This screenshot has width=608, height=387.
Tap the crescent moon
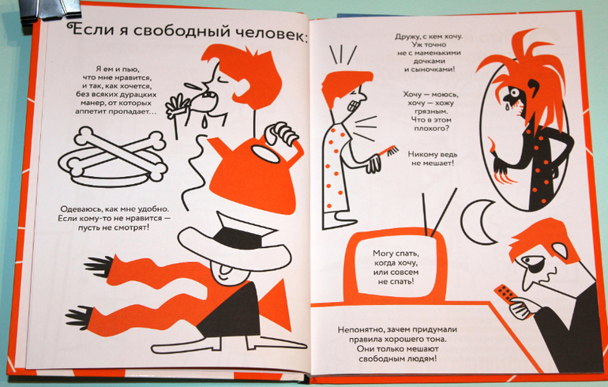click(x=474, y=222)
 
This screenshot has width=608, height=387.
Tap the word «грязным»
click(x=430, y=111)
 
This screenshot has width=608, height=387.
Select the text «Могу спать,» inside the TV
click(x=396, y=254)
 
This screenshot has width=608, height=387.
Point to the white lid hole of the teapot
click(x=265, y=155)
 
